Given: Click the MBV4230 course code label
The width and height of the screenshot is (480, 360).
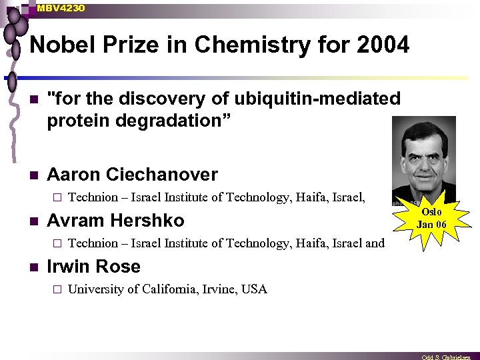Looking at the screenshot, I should point(61,8).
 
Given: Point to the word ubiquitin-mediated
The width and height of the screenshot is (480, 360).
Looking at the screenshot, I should point(310,99).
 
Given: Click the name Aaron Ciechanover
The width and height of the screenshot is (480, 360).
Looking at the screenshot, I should point(132,175).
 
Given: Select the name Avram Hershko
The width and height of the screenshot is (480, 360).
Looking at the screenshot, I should point(115,221).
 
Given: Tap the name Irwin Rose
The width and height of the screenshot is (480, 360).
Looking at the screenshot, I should point(93,267).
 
